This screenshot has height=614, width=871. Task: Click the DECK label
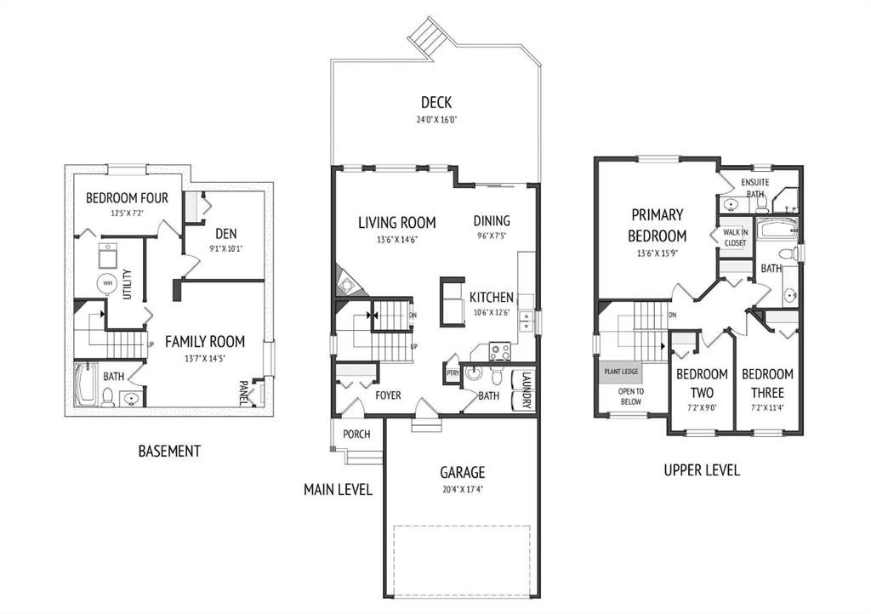point(436,102)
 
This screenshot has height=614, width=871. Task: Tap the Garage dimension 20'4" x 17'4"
point(463,490)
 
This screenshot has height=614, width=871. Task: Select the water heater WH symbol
point(107,283)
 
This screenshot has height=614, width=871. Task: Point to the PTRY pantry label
point(453,373)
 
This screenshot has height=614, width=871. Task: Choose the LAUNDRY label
point(527,389)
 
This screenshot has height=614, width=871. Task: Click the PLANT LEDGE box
point(620,372)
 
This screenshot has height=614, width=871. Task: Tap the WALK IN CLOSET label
point(735,237)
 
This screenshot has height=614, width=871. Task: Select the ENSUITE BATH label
point(755,188)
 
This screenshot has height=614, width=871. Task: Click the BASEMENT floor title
point(169,451)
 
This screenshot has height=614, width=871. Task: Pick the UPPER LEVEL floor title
point(702,470)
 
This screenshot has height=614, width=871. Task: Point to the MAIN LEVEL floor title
point(338,489)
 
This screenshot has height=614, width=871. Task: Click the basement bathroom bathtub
point(86,384)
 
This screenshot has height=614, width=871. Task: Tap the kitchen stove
point(499,351)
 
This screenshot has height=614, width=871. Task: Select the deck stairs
point(428,36)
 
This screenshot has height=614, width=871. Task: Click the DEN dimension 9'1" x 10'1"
point(226,248)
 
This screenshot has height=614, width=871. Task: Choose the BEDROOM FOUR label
point(127,197)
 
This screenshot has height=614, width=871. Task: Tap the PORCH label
point(356,434)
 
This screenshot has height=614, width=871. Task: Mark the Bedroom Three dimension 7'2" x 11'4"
point(767,407)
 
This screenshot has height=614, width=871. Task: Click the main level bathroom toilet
point(497,376)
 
